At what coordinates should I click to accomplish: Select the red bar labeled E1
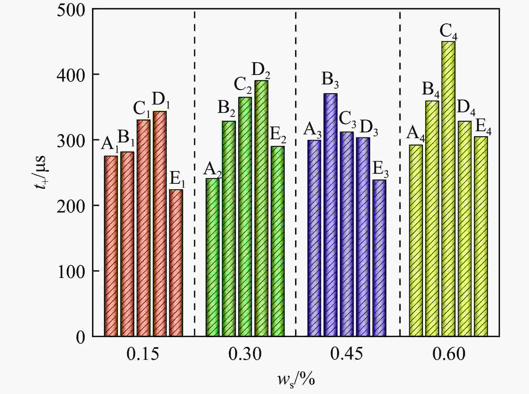click(176, 263)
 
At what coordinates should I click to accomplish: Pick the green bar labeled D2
click(261, 208)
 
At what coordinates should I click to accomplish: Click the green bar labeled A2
click(212, 257)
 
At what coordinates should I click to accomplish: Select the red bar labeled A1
click(111, 246)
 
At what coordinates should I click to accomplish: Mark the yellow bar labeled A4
click(416, 240)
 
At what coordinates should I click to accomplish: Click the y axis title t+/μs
click(42, 172)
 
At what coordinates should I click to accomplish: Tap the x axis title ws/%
click(296, 379)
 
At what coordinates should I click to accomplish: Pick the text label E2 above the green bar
click(278, 135)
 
